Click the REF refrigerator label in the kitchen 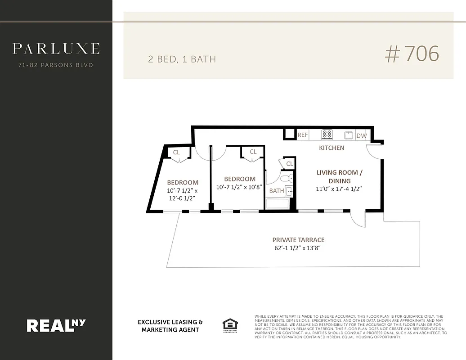[x=303, y=135]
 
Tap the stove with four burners [x=327, y=135]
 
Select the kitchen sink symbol [x=349, y=135]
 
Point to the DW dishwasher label [x=361, y=135]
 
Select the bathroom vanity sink [x=290, y=191]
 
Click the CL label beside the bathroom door [x=289, y=164]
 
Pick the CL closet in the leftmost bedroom [x=176, y=153]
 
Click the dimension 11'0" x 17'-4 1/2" [x=340, y=189]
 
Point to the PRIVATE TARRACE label [x=298, y=240]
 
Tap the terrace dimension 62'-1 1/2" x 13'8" [x=298, y=248]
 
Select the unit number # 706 [x=412, y=54]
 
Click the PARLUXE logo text [x=56, y=49]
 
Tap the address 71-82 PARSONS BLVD [x=56, y=65]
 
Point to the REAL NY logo [x=56, y=325]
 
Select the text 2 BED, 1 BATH [x=182, y=59]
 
